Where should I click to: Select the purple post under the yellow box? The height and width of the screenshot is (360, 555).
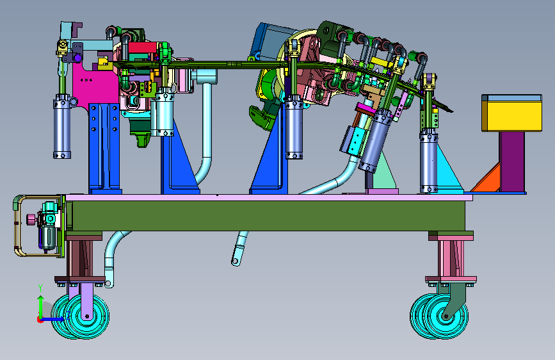(x=512, y=161)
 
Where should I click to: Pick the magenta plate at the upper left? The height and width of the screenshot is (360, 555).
(x=95, y=85)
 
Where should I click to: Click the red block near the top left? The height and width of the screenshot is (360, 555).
(x=142, y=47)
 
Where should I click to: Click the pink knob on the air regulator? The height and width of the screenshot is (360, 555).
(x=31, y=220)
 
